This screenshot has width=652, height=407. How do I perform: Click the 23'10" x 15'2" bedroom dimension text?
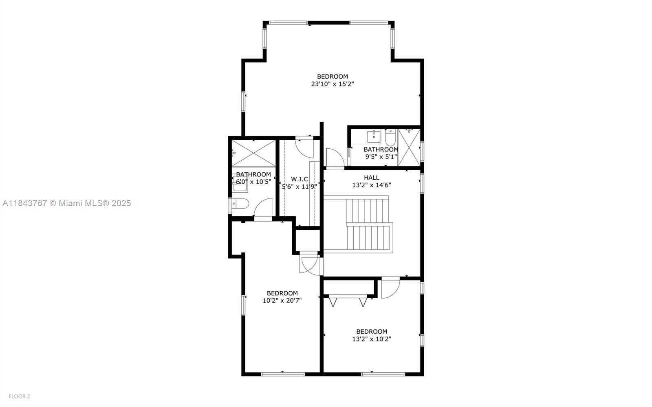333,84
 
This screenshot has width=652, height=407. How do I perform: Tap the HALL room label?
371,178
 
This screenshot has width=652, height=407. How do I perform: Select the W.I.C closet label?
300,179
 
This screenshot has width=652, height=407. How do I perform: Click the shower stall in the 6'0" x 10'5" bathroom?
253,153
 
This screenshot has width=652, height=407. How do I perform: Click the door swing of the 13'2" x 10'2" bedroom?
390,288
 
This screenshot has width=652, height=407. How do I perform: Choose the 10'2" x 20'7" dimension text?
282,301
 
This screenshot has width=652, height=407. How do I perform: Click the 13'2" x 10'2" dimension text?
372,339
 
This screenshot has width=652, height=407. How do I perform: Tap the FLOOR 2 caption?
20,396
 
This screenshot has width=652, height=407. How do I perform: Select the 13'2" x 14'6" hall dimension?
372,185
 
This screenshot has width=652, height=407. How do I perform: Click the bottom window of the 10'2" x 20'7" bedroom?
283,374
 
